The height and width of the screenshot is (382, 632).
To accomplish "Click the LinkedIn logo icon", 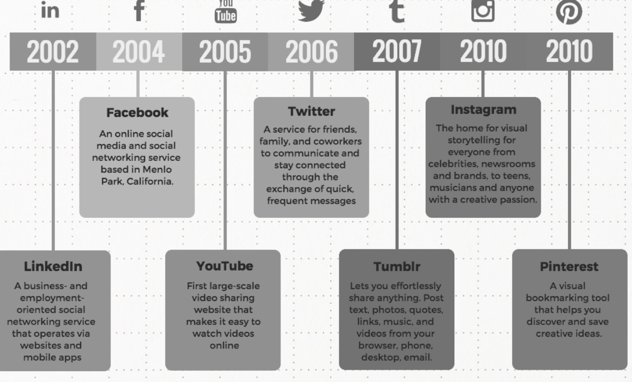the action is [x=50, y=10].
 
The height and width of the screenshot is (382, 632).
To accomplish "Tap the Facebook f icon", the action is [x=139, y=10].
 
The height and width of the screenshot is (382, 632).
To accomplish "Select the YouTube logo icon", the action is [x=225, y=11].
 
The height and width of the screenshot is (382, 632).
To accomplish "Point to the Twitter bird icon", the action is [x=311, y=10].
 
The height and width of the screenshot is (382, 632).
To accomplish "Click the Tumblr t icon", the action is [x=397, y=11].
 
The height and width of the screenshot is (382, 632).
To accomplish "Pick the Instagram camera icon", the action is [x=483, y=11].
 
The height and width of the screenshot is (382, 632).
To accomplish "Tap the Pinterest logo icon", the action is [x=569, y=12].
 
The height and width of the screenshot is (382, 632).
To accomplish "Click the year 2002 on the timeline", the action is [x=52, y=52].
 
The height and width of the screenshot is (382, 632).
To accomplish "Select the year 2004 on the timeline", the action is [x=139, y=52].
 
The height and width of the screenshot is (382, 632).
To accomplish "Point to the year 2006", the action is [x=311, y=52].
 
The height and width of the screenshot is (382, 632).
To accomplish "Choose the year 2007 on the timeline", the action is [x=397, y=51].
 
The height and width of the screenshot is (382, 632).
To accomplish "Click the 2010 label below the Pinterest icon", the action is [x=569, y=51].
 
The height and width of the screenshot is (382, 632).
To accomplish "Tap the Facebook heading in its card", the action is [x=138, y=113].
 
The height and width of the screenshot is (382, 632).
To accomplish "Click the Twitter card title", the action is [x=311, y=111].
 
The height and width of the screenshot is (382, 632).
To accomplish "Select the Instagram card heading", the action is [x=483, y=110].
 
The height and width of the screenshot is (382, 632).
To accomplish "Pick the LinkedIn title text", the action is [x=53, y=266].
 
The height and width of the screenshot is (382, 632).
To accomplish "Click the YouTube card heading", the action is [x=225, y=266].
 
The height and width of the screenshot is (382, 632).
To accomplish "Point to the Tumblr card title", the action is [x=397, y=266].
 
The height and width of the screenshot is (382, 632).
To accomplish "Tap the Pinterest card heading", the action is [x=569, y=266].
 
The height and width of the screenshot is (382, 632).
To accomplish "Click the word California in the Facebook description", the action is [x=150, y=182].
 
